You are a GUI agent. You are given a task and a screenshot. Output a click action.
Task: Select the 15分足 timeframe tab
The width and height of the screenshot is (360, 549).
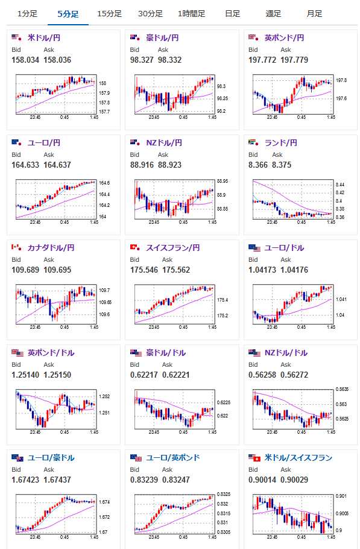coord(109,14)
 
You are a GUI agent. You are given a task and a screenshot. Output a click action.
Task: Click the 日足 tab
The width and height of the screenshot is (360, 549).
coord(233,14)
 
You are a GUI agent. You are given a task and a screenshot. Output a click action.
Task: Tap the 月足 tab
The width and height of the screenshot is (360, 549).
coord(314,14)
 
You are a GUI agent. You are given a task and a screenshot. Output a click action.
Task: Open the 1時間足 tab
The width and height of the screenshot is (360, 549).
coord(191,14)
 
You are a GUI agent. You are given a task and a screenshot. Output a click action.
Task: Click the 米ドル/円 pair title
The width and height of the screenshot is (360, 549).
coord(44,37)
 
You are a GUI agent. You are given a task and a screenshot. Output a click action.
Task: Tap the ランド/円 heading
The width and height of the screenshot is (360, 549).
coord(280,142)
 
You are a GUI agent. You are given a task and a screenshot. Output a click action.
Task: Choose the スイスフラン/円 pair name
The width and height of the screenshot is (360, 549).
coord(173,247)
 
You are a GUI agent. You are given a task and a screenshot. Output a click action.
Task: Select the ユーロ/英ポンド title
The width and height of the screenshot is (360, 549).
coord(173,458)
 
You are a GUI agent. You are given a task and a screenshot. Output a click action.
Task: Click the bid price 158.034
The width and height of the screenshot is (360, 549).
coord(25,60)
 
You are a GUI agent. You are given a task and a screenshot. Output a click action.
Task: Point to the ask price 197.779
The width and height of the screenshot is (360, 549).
coord(294,60)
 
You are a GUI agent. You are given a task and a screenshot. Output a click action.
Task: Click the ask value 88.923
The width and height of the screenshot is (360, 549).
coord(169,165)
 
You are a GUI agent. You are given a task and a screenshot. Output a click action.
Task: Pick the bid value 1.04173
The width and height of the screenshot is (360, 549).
coord(262,270)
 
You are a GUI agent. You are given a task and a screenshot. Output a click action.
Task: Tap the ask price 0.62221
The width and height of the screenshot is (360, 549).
coord(175,375)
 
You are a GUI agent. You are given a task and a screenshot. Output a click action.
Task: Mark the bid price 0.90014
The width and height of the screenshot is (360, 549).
coord(262,480)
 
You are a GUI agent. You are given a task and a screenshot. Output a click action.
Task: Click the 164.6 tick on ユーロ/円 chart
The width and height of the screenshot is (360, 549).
coord(104,183)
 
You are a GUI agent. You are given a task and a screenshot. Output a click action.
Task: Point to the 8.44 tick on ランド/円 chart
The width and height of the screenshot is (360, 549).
coord(340,185)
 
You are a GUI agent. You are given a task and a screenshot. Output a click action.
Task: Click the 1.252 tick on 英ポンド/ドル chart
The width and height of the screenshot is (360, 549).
coord(104,396)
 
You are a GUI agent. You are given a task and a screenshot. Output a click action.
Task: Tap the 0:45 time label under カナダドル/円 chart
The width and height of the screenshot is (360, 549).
coord(65,327)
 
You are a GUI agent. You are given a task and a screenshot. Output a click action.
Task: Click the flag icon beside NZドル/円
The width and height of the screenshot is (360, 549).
coord(135,142)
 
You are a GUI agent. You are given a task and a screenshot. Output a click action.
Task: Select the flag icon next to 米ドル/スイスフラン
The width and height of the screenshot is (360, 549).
coord(254,457)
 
